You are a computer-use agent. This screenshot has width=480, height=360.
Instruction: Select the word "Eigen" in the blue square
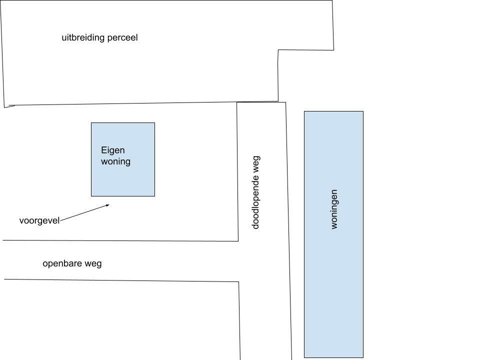(113, 150)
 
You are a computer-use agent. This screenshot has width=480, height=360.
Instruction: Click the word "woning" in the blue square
(115, 161)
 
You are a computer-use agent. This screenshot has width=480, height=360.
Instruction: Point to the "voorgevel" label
(39, 220)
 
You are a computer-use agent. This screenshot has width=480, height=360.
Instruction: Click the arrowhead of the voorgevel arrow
(109, 205)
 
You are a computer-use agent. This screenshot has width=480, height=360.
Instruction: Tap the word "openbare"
(62, 263)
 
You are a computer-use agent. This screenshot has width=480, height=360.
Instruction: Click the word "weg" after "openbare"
(93, 264)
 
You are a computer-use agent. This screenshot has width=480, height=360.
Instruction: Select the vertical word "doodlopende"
(255, 202)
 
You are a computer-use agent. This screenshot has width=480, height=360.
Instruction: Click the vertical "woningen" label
(334, 209)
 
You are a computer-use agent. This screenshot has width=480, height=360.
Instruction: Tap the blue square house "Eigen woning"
(123, 159)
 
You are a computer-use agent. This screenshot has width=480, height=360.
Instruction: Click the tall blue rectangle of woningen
(333, 234)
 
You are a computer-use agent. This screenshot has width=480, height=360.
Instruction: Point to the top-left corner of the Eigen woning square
(91, 123)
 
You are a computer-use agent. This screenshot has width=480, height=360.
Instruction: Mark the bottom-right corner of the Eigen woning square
(155, 196)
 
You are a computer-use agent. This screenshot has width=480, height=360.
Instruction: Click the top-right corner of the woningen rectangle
(363, 111)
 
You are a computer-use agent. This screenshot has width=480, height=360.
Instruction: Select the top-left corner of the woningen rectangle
(304, 111)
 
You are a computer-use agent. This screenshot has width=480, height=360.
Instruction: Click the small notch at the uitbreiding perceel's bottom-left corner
(8, 106)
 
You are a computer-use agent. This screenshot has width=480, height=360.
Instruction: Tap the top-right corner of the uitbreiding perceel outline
(332, 0)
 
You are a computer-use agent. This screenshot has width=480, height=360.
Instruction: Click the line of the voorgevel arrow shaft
(84, 212)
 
